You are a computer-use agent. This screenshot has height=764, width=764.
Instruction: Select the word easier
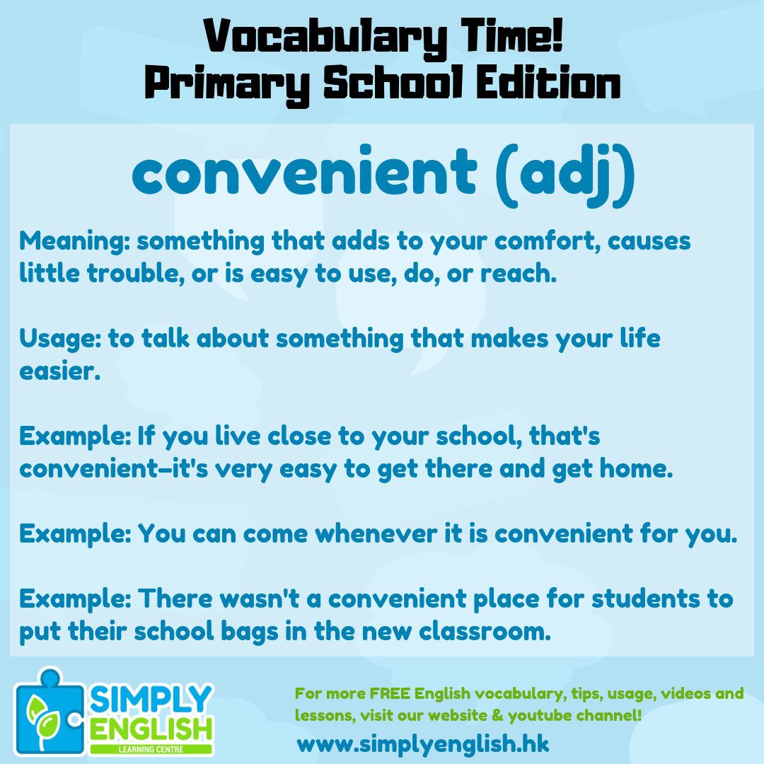click(59, 371)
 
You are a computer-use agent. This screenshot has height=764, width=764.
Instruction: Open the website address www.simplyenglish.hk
click(423, 744)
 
